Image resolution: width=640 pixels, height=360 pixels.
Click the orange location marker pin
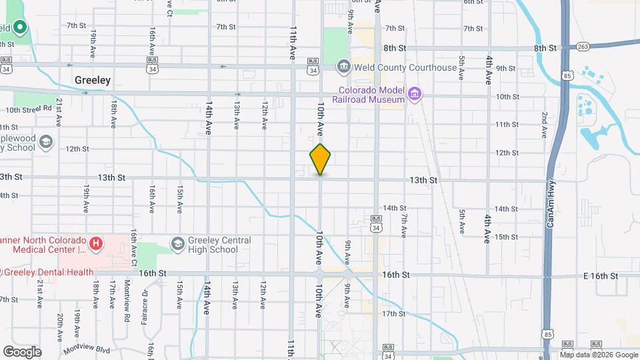(320, 159)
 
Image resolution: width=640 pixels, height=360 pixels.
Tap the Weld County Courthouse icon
(344, 66)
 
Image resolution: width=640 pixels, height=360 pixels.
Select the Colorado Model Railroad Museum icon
(415, 93)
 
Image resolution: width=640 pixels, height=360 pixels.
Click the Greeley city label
(93, 79)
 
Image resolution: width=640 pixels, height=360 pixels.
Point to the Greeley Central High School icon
(178, 244)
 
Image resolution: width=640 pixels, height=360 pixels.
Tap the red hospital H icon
(96, 244)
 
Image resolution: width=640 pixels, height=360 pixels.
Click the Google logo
(22, 351)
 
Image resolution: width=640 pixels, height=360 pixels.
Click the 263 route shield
(583, 46)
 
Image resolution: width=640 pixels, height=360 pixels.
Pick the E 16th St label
(601, 276)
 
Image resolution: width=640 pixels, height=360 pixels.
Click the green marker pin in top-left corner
(20, 28)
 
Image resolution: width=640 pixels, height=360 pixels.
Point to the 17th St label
(393, 313)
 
